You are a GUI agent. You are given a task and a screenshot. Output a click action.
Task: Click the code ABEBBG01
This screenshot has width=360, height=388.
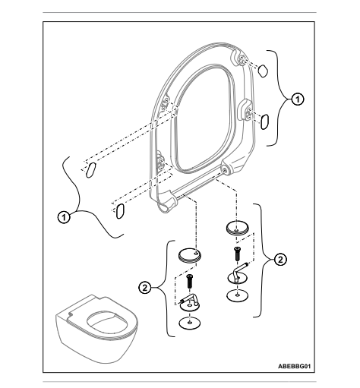click(x=294, y=366)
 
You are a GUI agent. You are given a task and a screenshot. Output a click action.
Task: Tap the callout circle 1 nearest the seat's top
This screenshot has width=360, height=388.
click(x=298, y=99)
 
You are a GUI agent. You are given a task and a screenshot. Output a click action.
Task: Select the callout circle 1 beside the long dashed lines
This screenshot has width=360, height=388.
click(x=64, y=217)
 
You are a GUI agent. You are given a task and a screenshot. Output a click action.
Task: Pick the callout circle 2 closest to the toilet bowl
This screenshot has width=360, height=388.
click(x=145, y=288)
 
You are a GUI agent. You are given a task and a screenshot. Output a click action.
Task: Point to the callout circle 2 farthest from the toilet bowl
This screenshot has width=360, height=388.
click(x=280, y=260)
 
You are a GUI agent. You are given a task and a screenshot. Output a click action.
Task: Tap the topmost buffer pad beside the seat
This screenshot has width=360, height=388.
click(x=263, y=71)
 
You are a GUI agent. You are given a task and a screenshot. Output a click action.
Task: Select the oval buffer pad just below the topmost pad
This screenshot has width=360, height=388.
click(x=264, y=121)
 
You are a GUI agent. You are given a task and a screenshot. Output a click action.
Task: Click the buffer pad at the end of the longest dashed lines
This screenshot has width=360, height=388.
click(x=90, y=170)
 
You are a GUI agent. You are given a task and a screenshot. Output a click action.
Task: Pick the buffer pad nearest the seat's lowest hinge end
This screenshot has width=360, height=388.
click(x=119, y=211)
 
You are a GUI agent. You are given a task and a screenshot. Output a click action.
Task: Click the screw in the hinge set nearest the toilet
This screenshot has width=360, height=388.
click(x=189, y=281)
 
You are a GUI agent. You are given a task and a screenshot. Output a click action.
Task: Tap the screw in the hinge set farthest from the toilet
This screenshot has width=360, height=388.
click(x=237, y=254)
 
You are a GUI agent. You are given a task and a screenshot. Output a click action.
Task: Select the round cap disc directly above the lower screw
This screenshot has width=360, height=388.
click(x=190, y=256)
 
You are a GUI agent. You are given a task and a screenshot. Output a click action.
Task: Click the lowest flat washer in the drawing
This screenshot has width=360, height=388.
click(x=190, y=323)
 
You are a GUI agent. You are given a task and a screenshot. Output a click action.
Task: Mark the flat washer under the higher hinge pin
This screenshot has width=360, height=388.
click(x=237, y=295)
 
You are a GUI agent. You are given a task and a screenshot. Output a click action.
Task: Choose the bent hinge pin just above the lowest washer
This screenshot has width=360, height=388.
click(x=189, y=302)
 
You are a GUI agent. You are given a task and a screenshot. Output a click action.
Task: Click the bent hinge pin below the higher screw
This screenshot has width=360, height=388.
click(x=238, y=275)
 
